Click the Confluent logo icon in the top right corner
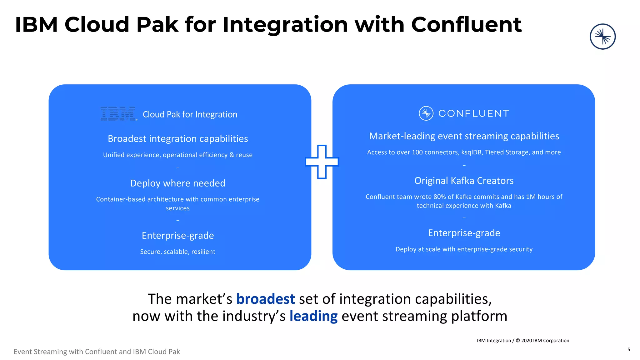point(602,37)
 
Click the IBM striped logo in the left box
point(118,114)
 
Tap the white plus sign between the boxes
point(322,162)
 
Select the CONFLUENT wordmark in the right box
point(474,113)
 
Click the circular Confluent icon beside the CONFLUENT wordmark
point(426,113)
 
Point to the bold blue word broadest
point(265,299)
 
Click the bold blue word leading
point(313,316)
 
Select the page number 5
point(629,349)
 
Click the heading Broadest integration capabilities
point(178,139)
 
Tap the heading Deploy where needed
point(178,183)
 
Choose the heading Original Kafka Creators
point(464,181)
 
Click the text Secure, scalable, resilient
point(177,252)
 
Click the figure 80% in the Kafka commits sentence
point(440,197)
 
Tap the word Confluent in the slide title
point(466,25)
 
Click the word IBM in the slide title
point(36,25)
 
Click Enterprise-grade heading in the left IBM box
point(178,235)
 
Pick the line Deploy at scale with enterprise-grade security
point(464,249)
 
